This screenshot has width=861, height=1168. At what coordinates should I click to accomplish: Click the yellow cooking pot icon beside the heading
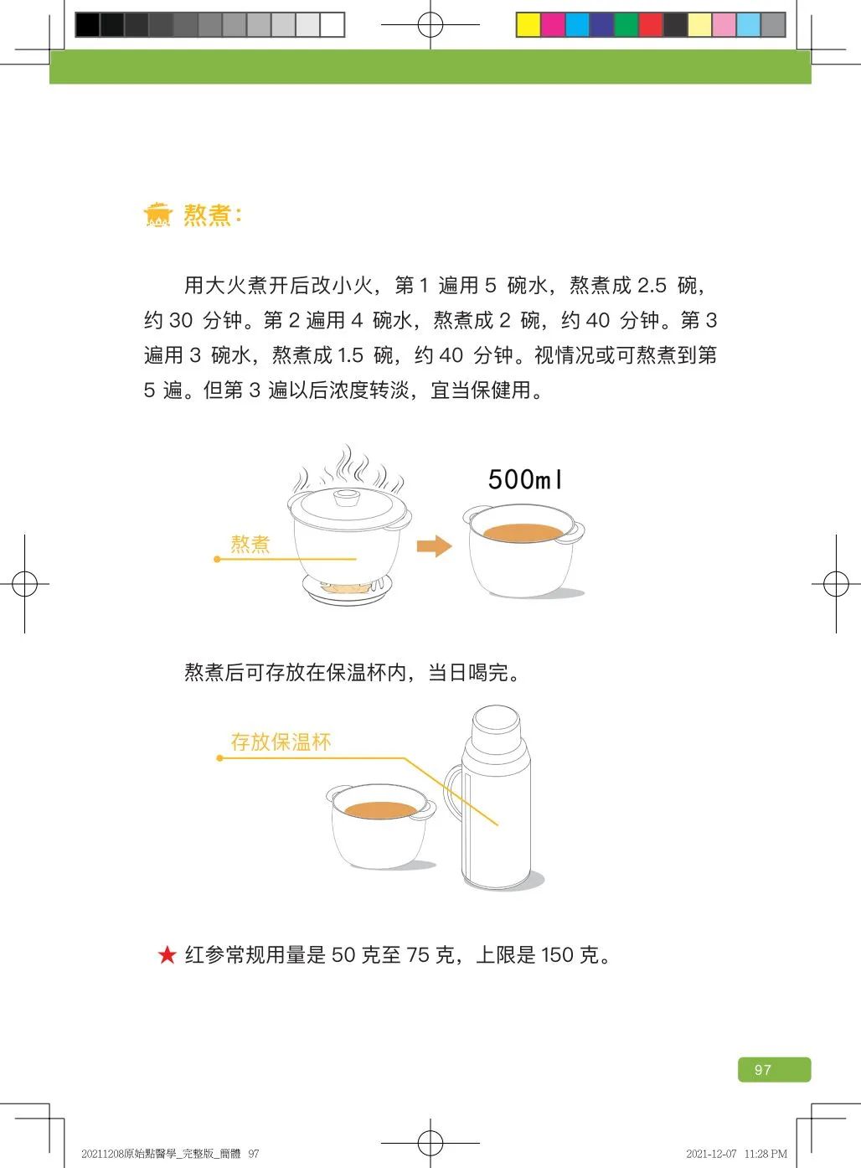tap(157, 214)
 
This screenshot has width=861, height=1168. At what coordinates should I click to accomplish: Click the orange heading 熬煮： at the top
tap(213, 214)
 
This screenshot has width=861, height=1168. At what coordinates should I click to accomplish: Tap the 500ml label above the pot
tap(525, 479)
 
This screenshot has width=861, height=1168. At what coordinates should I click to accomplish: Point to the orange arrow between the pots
tap(434, 546)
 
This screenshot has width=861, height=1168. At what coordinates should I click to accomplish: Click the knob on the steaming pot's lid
tap(348, 497)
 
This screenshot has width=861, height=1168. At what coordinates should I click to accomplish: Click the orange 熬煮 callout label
tap(250, 544)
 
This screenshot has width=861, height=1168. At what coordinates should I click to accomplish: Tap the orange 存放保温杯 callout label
tap(281, 742)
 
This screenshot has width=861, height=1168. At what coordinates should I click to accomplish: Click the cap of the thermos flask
tap(496, 727)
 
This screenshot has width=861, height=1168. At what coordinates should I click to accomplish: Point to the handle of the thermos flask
tap(451, 791)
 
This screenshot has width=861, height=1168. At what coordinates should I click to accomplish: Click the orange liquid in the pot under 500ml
tap(523, 532)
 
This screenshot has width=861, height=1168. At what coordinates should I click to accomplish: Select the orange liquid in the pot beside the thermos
tap(380, 809)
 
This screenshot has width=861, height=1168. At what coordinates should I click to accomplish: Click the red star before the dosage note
tap(167, 955)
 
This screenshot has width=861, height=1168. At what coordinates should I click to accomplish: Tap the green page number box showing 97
tap(774, 1070)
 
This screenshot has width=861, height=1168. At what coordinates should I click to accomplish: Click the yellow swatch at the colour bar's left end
tap(528, 24)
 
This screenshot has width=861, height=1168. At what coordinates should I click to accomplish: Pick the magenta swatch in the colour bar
tap(553, 24)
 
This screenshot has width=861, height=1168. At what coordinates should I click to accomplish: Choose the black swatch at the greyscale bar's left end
tap(87, 24)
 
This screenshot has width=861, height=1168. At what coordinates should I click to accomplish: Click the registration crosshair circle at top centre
tap(430, 24)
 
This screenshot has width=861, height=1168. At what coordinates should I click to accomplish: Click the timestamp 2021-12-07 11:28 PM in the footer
tap(736, 1154)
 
